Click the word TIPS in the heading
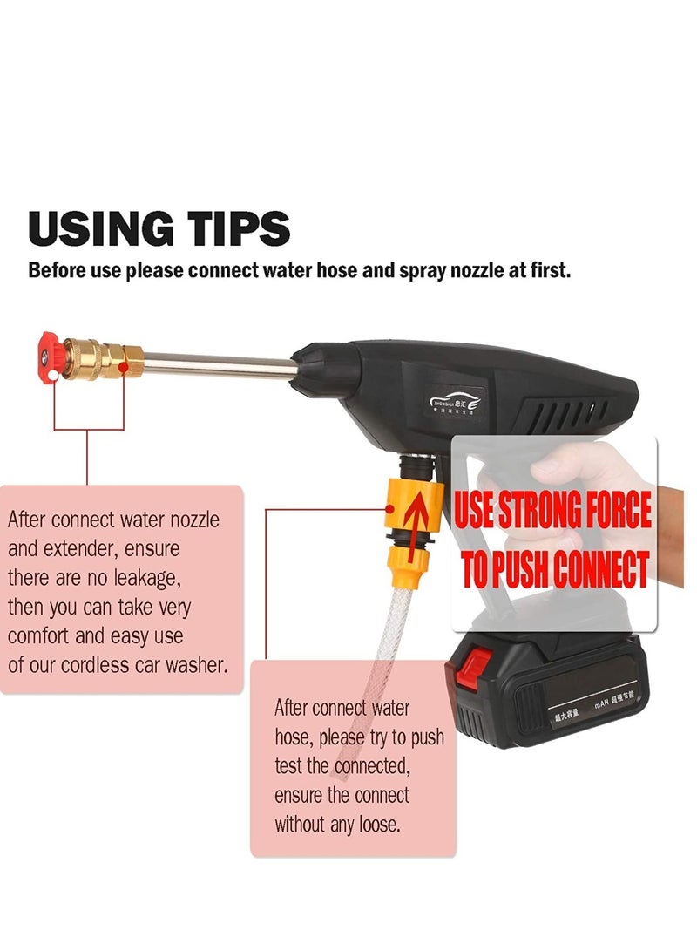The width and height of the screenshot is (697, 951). coord(234,228)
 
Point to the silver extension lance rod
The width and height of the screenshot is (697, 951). coord(218,360)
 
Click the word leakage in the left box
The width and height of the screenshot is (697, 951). coord(134,578)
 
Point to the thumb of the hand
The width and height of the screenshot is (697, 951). coord(566,462)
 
